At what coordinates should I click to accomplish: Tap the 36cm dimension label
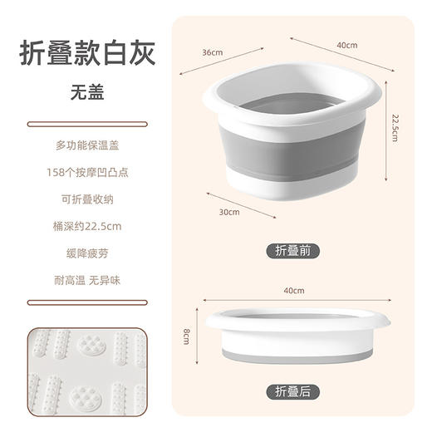213,53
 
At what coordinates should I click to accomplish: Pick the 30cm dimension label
230,213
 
